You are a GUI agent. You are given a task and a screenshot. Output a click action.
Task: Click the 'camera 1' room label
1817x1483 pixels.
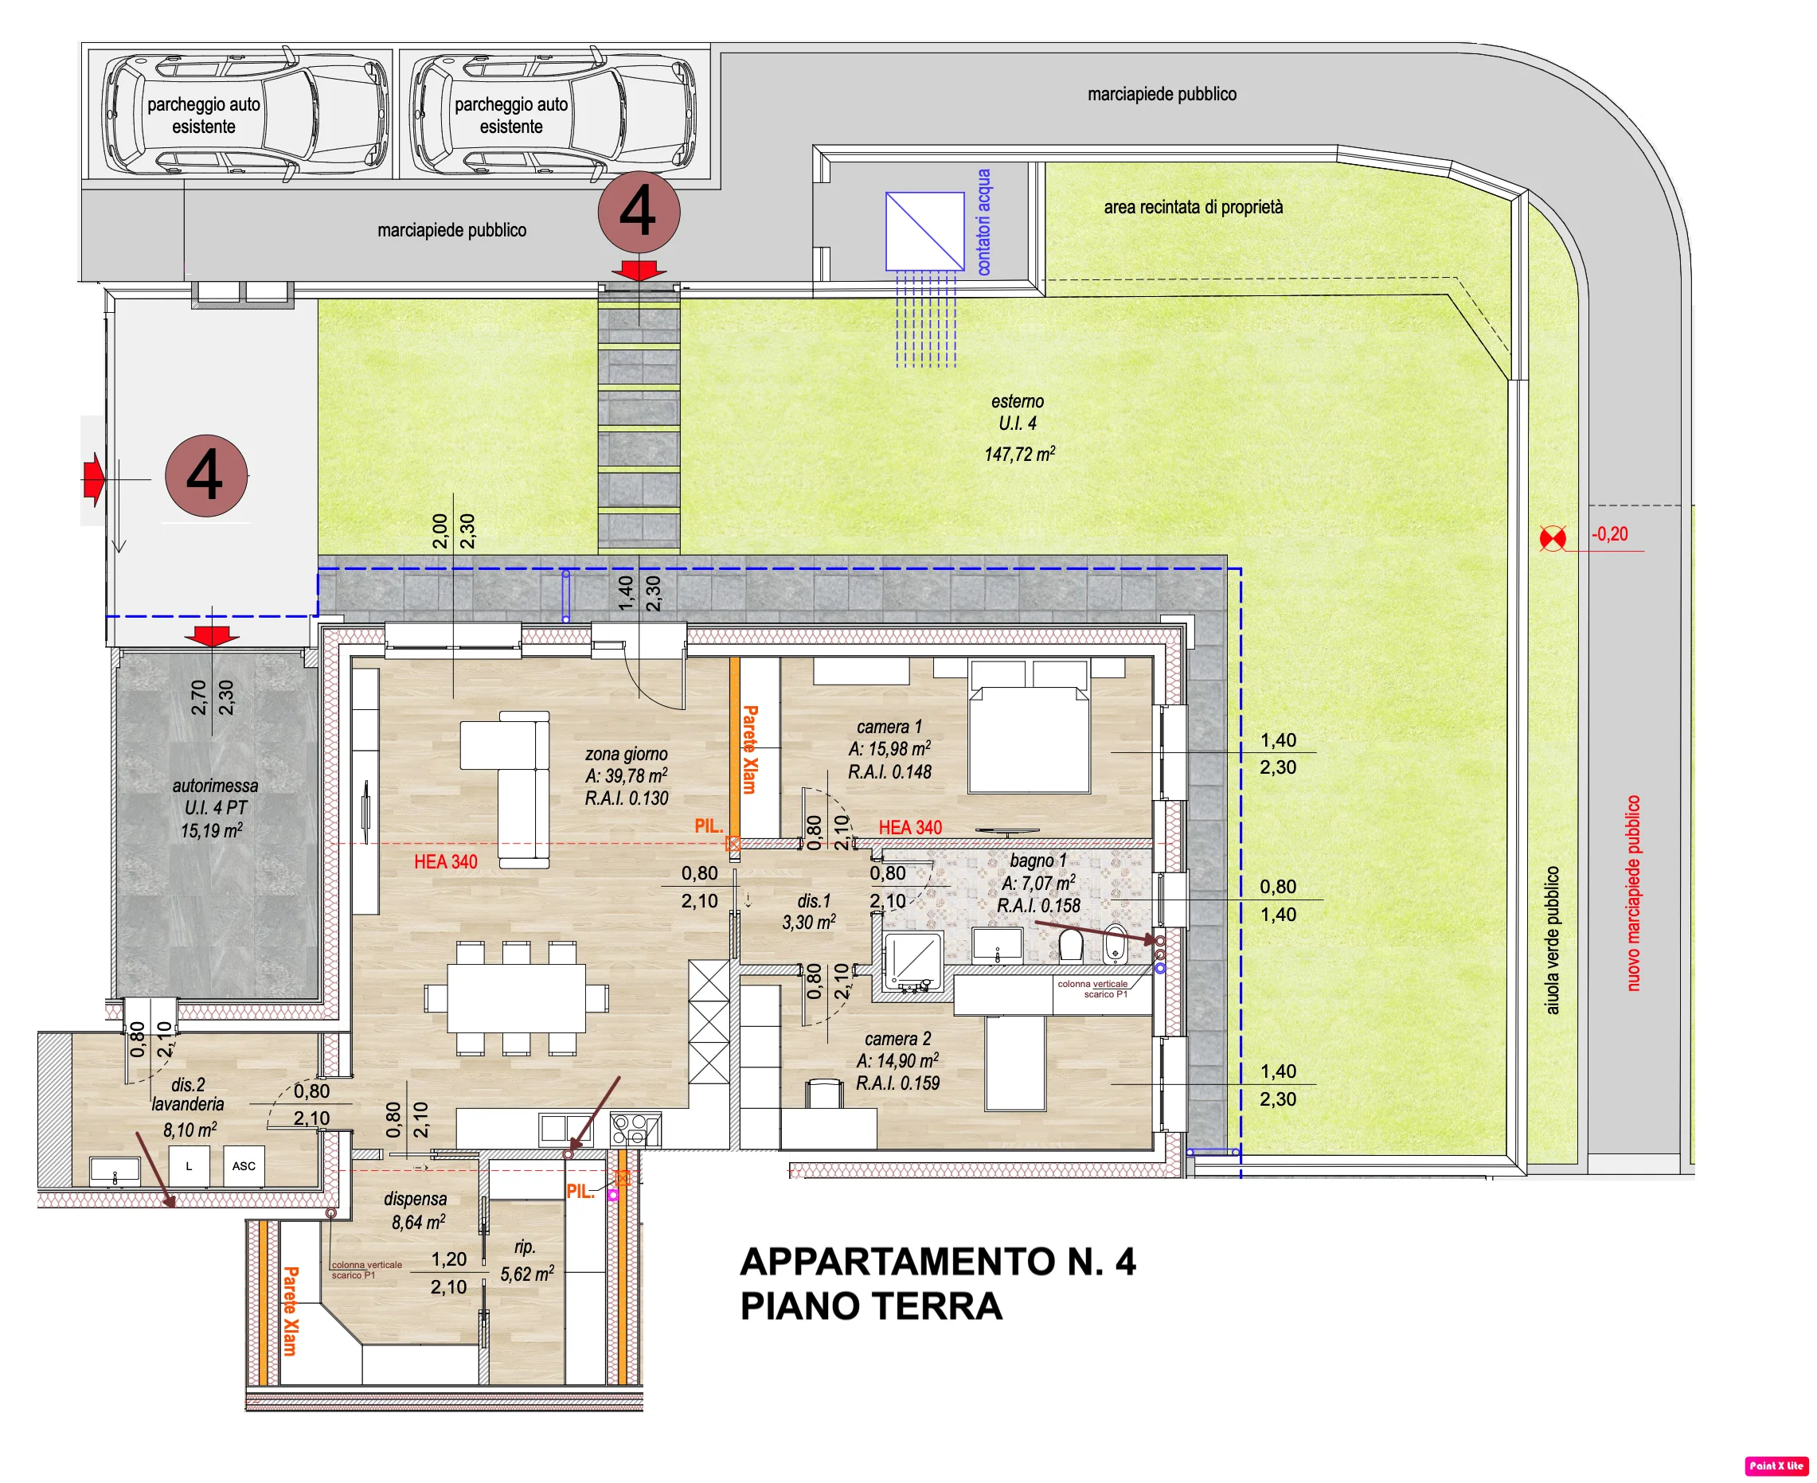[x=889, y=727]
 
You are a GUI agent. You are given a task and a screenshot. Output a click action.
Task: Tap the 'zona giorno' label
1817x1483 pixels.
[x=626, y=755]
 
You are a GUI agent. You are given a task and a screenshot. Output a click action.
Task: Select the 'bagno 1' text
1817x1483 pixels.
[x=1038, y=861]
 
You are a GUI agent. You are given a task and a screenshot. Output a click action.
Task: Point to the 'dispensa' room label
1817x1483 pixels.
[x=415, y=1200]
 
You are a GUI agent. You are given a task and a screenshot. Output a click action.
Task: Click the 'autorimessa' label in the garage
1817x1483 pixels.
[x=215, y=786]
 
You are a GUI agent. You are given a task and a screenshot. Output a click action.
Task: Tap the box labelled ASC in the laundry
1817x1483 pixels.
[x=244, y=1166]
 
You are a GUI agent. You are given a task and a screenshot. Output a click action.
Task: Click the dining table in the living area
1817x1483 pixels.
[x=517, y=997]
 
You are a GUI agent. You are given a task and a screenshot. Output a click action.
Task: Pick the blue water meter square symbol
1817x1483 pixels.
[x=925, y=232]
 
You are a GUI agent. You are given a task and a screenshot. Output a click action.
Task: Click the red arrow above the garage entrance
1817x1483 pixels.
[x=212, y=635]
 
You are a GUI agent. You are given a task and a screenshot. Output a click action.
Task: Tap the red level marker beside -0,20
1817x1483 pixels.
[x=1552, y=538]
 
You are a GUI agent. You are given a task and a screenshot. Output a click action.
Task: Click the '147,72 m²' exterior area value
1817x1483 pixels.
[x=1019, y=454]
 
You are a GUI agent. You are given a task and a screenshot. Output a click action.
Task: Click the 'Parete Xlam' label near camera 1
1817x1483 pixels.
[x=750, y=749]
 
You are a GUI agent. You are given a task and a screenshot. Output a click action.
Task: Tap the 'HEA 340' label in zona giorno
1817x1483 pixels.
[x=445, y=862]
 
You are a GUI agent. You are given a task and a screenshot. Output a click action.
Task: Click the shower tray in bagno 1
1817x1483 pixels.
[x=913, y=962]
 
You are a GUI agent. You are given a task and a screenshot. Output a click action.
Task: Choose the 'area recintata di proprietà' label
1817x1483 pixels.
[x=1194, y=207]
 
